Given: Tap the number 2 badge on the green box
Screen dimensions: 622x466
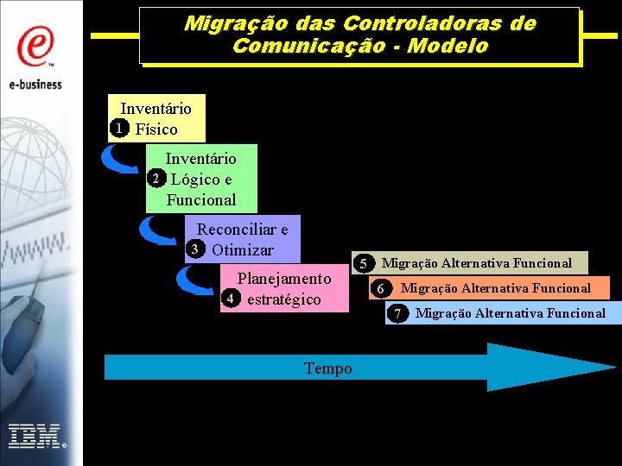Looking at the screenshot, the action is (155, 179).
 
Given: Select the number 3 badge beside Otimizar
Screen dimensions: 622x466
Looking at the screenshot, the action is (195, 250).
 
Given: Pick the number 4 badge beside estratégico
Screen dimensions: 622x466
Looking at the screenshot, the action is (231, 299).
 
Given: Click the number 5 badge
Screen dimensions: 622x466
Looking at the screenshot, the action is (365, 263).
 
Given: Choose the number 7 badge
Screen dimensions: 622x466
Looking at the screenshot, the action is (397, 313).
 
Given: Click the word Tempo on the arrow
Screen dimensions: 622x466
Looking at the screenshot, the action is (328, 368).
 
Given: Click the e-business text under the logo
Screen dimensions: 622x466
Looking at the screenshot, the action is (36, 84).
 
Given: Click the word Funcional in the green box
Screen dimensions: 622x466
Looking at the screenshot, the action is (201, 199).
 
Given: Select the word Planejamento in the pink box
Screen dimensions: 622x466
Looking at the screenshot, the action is (284, 279).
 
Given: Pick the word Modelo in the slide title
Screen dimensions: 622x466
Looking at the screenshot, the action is (449, 47).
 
